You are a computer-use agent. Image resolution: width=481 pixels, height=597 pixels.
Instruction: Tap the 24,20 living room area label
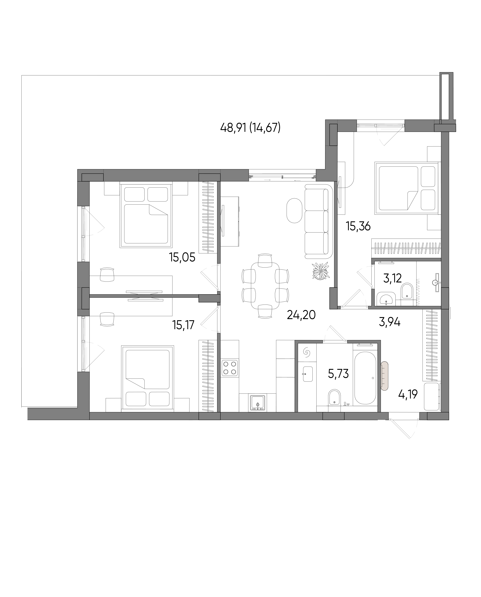click(301, 315)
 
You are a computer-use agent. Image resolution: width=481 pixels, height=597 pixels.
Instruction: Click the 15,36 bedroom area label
click(358, 226)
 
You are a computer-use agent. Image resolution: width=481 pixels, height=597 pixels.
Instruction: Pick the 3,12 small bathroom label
click(392, 278)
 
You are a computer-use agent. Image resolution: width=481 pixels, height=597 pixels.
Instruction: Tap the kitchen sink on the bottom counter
click(258, 403)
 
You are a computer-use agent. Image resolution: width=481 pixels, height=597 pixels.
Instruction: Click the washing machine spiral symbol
click(307, 353)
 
